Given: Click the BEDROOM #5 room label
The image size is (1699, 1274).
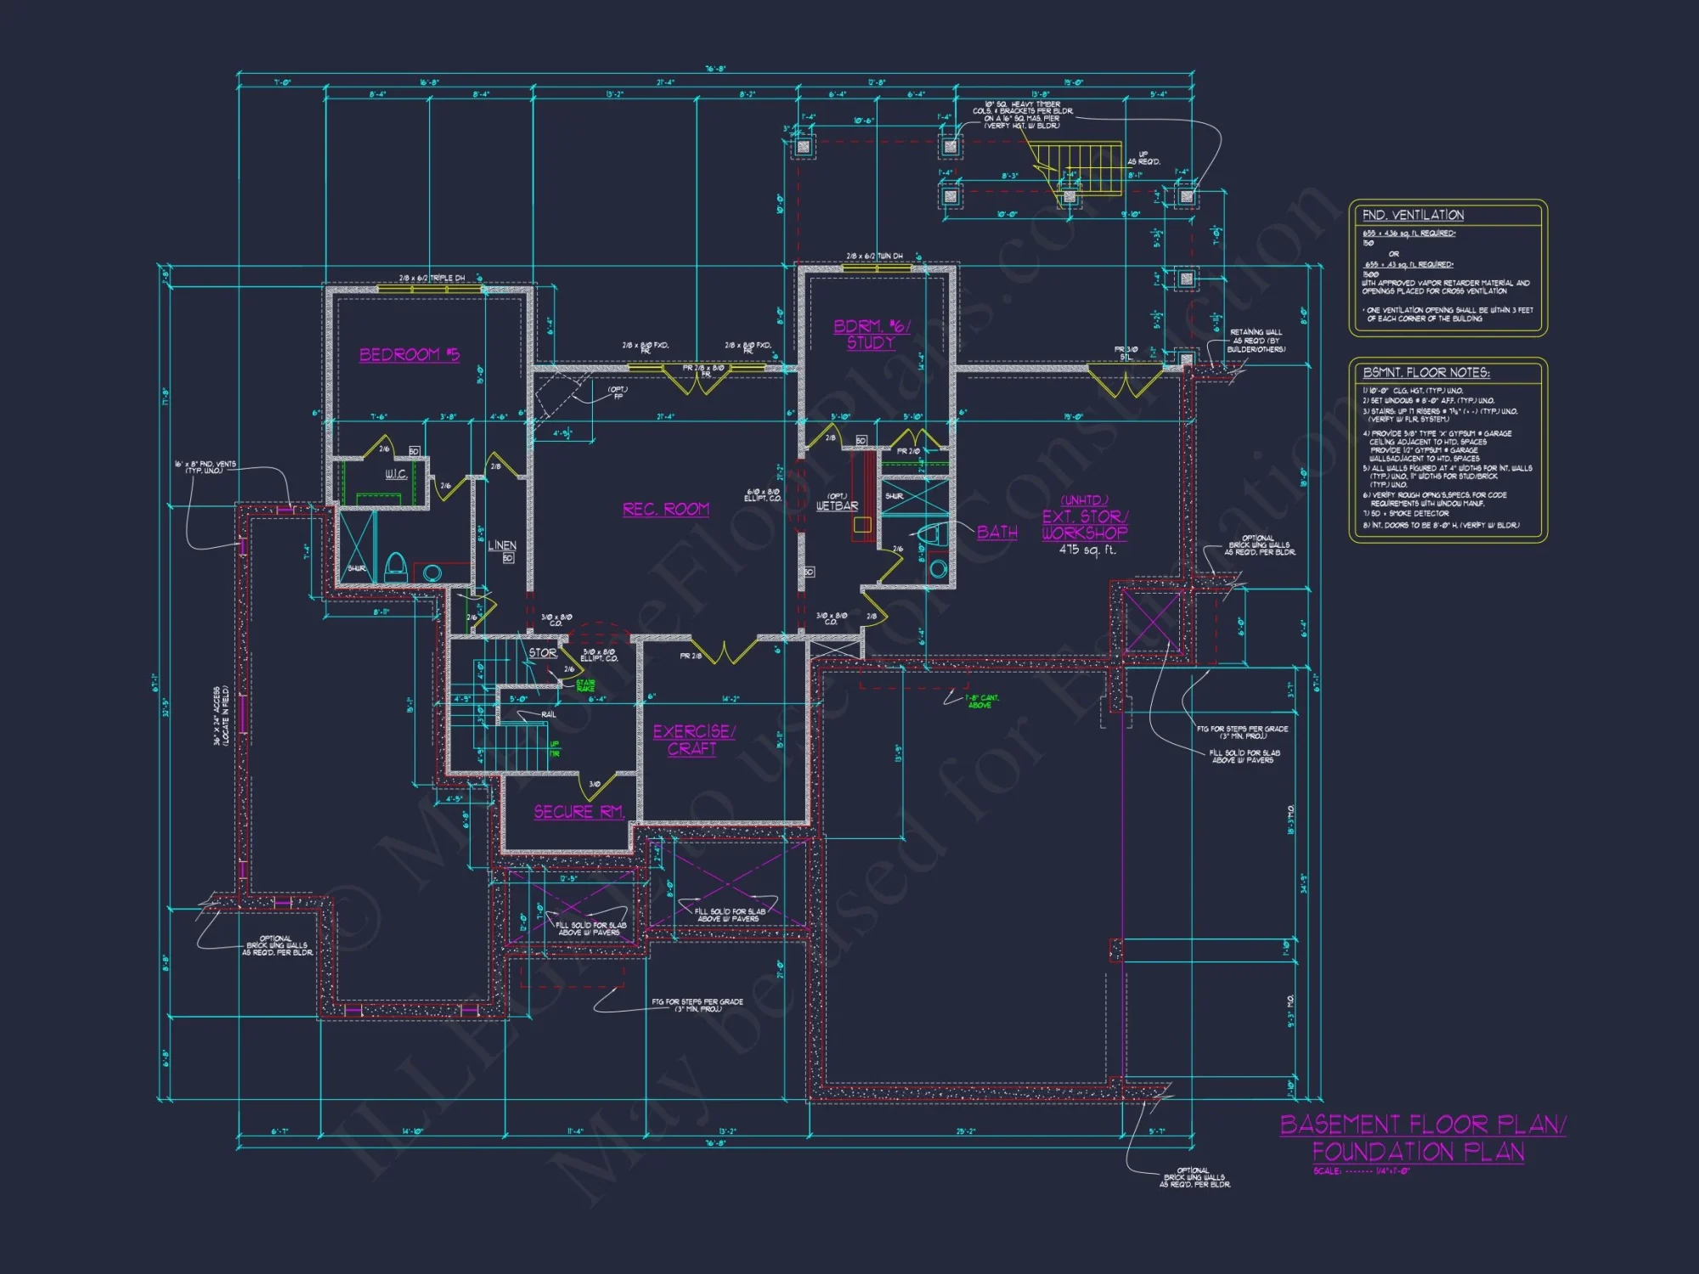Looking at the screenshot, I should point(409,354).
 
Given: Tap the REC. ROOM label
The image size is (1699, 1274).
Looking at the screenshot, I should point(665,509).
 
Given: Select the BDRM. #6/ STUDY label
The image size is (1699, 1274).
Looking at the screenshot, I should point(871,335).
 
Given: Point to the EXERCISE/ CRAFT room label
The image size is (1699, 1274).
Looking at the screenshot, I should point(693,740).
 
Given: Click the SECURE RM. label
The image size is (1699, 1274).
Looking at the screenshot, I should point(579,812).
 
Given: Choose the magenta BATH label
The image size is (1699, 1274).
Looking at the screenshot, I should point(996,533).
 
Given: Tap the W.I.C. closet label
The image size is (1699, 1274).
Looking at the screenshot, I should point(396,474).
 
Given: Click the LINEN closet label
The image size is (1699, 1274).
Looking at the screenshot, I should point(502,545).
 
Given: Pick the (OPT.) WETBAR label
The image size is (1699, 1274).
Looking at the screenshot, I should point(837,502).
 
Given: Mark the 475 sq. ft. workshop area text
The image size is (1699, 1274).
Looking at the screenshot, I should point(1087,550).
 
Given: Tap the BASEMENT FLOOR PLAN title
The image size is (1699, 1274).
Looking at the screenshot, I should point(1422,1125).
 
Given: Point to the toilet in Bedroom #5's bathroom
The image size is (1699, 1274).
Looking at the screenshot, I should point(395,567).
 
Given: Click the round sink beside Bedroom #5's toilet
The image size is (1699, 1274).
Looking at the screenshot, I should point(432,572).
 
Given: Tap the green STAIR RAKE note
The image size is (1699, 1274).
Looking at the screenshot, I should point(585,685).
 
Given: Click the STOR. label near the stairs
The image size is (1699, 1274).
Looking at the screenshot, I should point(543,653).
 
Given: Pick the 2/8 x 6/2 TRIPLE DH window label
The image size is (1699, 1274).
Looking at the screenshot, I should point(432,278).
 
